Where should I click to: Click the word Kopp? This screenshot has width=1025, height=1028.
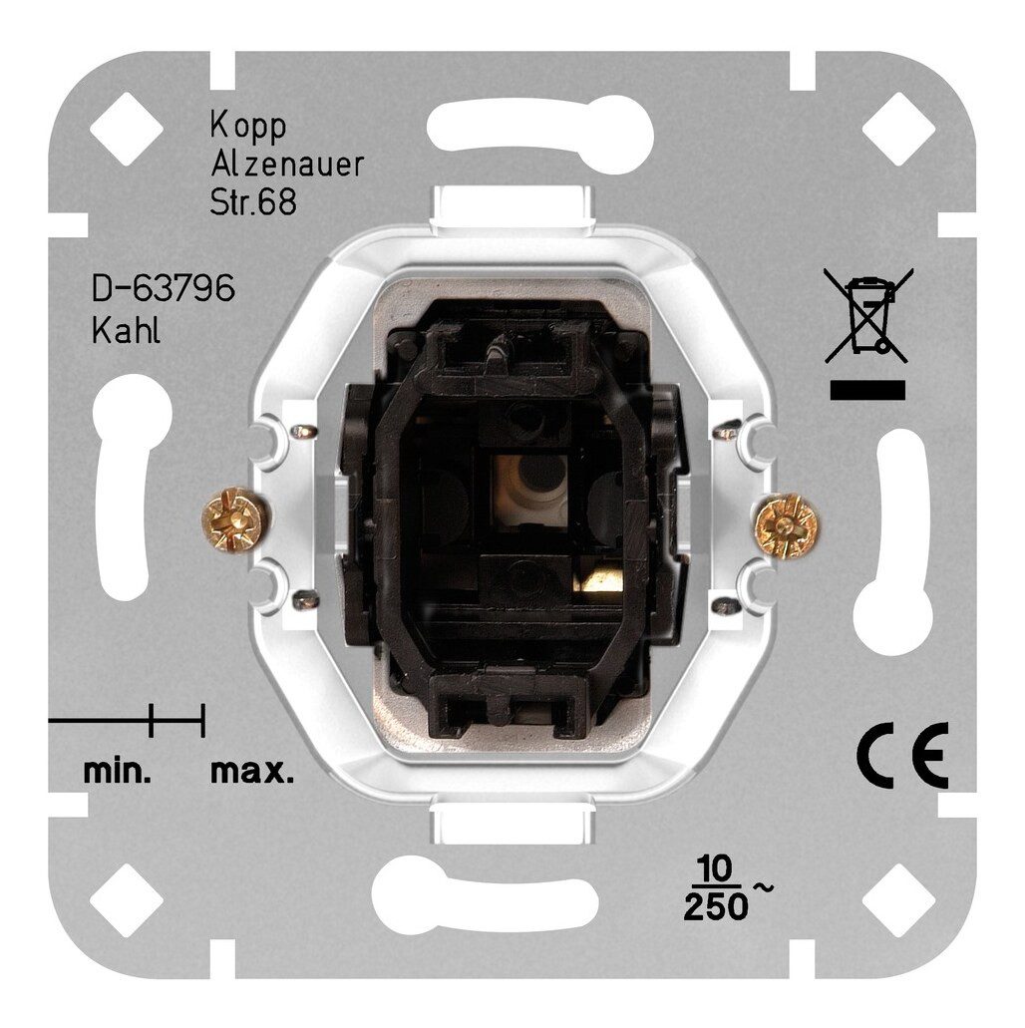coord(248,126)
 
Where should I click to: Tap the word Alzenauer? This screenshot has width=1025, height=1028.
coord(286,165)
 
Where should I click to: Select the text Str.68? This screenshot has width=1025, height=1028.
coord(253,203)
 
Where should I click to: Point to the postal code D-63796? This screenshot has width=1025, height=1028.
coord(164,288)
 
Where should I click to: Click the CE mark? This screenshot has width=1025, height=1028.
coord(902,755)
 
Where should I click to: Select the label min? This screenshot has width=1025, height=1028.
coord(118,773)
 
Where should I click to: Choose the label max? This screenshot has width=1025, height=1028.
coord(252,774)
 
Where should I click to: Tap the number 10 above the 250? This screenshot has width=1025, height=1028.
coord(716,870)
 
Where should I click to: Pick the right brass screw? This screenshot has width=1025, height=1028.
coord(787,525)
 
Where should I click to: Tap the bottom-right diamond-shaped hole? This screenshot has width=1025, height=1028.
coord(898,900)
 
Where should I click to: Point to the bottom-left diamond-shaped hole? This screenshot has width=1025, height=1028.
coord(126,900)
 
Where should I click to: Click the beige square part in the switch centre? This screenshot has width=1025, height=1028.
coord(529,490)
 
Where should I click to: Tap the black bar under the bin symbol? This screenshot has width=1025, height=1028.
coord(867,390)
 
